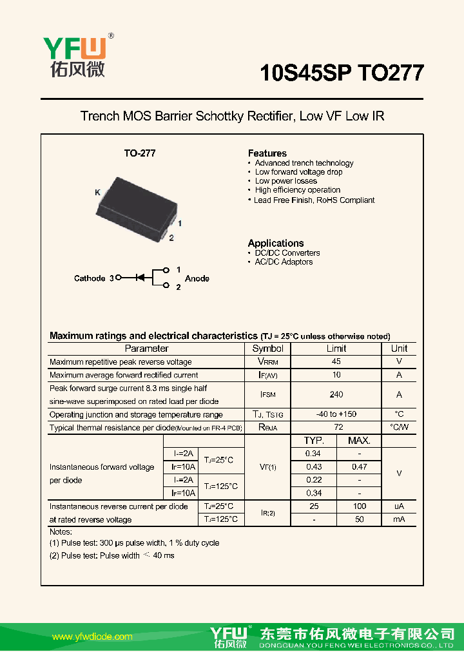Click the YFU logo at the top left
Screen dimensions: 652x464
coord(77,55)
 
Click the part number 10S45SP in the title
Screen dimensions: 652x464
coord(305,73)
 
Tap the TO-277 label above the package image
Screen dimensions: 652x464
coord(140,153)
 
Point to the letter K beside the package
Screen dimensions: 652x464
coord(97,193)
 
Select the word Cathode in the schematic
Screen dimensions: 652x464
coord(90,278)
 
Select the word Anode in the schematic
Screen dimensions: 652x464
coord(197,278)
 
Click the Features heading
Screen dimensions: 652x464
coord(267,153)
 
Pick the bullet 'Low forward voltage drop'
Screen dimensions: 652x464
coord(298,172)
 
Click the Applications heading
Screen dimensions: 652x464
coord(276,243)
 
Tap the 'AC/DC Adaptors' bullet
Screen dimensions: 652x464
coord(284,262)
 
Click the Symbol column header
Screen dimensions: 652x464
coord(267,349)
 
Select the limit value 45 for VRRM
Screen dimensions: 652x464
coord(336,362)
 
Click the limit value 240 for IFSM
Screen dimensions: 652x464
coord(336,394)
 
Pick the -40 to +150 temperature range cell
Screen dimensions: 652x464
coord(336,414)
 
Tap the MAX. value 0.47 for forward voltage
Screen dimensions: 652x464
coord(359,466)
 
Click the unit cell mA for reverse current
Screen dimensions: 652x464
coord(399,519)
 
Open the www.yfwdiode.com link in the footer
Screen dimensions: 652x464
coord(92,637)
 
